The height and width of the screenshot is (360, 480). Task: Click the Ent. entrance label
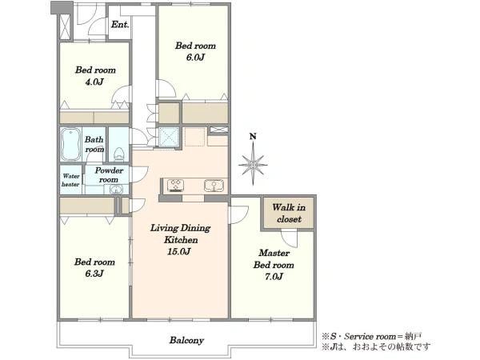point(120,25)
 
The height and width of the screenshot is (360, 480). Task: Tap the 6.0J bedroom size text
point(195,58)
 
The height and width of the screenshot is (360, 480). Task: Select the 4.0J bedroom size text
point(94,82)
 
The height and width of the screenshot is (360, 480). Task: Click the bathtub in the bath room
point(70,145)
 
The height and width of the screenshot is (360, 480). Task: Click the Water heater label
point(70,180)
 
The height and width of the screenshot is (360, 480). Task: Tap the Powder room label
point(109,174)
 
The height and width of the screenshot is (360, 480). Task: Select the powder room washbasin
point(116,190)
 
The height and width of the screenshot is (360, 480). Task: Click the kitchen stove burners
point(175,186)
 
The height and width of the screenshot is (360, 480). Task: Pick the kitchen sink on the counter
point(214,186)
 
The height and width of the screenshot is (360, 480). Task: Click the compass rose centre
point(253,166)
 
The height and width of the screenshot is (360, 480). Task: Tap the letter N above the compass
point(253,136)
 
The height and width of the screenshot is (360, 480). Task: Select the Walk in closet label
point(289,214)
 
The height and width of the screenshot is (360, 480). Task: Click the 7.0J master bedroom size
point(274,277)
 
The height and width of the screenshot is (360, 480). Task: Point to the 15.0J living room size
point(179,252)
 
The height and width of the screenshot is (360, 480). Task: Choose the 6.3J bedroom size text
point(94,274)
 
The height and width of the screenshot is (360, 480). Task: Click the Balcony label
point(186,340)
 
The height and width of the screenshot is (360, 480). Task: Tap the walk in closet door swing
point(290,238)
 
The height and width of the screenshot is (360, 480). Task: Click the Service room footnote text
point(372,337)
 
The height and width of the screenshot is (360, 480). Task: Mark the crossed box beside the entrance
point(65,26)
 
